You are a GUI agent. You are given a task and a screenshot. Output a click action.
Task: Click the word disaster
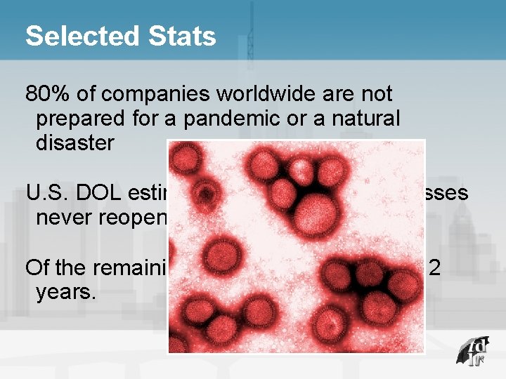(74, 143)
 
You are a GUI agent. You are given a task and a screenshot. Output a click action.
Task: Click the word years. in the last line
(65, 292)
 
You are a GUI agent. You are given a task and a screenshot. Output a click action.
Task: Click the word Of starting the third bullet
(37, 267)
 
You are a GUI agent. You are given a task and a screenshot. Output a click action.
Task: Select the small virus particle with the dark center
(206, 192)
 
